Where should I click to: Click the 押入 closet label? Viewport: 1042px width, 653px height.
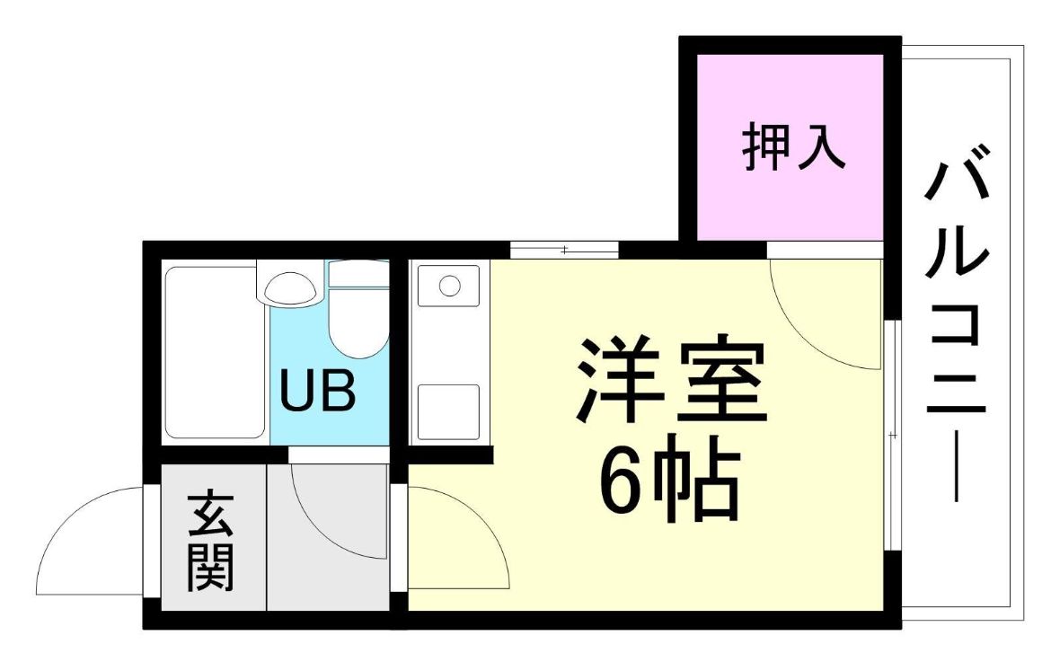coord(793,146)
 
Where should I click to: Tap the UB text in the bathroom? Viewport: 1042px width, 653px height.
coord(317,392)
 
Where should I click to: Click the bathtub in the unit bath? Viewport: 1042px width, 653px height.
coord(214,352)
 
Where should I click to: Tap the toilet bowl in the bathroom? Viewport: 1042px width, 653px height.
coord(358,322)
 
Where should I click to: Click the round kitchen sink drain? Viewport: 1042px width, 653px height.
coord(449,286)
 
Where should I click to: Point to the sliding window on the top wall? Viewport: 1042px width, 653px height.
coord(564,251)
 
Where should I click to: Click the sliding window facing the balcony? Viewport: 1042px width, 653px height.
coord(893,435)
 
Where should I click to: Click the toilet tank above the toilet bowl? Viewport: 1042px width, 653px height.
coord(358,274)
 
